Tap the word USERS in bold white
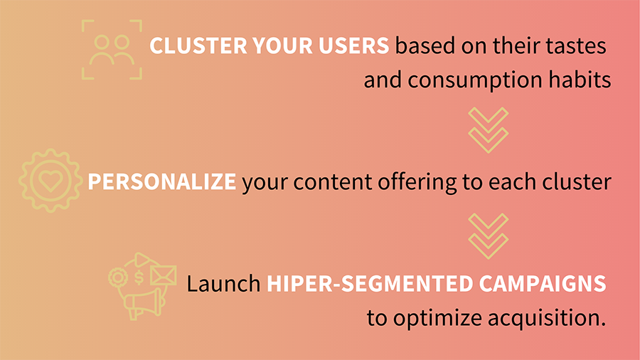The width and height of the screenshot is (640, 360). (x=354, y=46)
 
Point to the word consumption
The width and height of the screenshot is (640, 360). (x=475, y=80)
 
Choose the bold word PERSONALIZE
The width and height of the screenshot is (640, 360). (x=162, y=181)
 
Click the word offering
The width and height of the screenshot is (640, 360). (x=417, y=182)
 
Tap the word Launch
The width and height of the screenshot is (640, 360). (x=224, y=284)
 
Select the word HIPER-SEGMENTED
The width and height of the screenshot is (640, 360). (x=370, y=284)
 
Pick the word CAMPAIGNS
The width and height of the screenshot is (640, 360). (x=543, y=284)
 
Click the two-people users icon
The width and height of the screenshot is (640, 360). (x=112, y=51)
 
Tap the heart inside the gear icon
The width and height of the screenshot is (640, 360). (x=50, y=180)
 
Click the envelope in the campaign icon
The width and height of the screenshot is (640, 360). (x=164, y=275)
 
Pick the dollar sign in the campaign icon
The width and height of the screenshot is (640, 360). (x=139, y=277)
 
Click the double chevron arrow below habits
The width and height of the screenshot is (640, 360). (x=488, y=130)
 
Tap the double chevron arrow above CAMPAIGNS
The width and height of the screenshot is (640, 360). (x=488, y=236)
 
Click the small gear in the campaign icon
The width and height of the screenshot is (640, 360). (x=118, y=277)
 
